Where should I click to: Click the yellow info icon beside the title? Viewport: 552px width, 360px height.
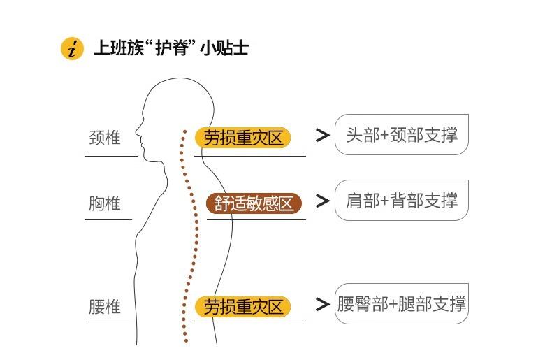(72, 48)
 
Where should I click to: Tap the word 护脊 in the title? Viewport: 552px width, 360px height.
(175, 48)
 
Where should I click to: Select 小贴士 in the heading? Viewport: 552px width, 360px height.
(224, 48)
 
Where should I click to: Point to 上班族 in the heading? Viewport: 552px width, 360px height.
(119, 48)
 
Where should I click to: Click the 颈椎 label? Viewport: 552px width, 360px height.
(105, 138)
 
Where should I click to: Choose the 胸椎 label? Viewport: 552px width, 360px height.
(105, 203)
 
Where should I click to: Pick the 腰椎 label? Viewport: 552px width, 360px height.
(105, 306)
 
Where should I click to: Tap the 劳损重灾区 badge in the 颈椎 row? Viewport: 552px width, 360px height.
(243, 138)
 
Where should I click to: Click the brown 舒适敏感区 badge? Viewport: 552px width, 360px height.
(254, 203)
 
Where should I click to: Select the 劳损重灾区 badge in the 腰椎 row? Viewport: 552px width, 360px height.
(243, 306)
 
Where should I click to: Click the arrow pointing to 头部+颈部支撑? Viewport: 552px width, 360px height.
(323, 136)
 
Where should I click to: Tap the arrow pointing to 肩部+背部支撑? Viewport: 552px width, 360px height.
(323, 201)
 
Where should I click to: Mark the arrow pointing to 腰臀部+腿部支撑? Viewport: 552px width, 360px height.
(323, 304)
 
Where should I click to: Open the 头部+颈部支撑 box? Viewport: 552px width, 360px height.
(402, 134)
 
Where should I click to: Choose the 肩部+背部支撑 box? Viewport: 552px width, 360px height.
(402, 200)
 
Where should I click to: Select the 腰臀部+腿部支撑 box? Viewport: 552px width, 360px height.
(402, 303)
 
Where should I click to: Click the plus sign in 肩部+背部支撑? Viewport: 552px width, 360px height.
(385, 201)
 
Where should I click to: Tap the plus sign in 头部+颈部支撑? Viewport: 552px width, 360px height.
(385, 136)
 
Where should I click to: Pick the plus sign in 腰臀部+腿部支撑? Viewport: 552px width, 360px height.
(393, 304)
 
